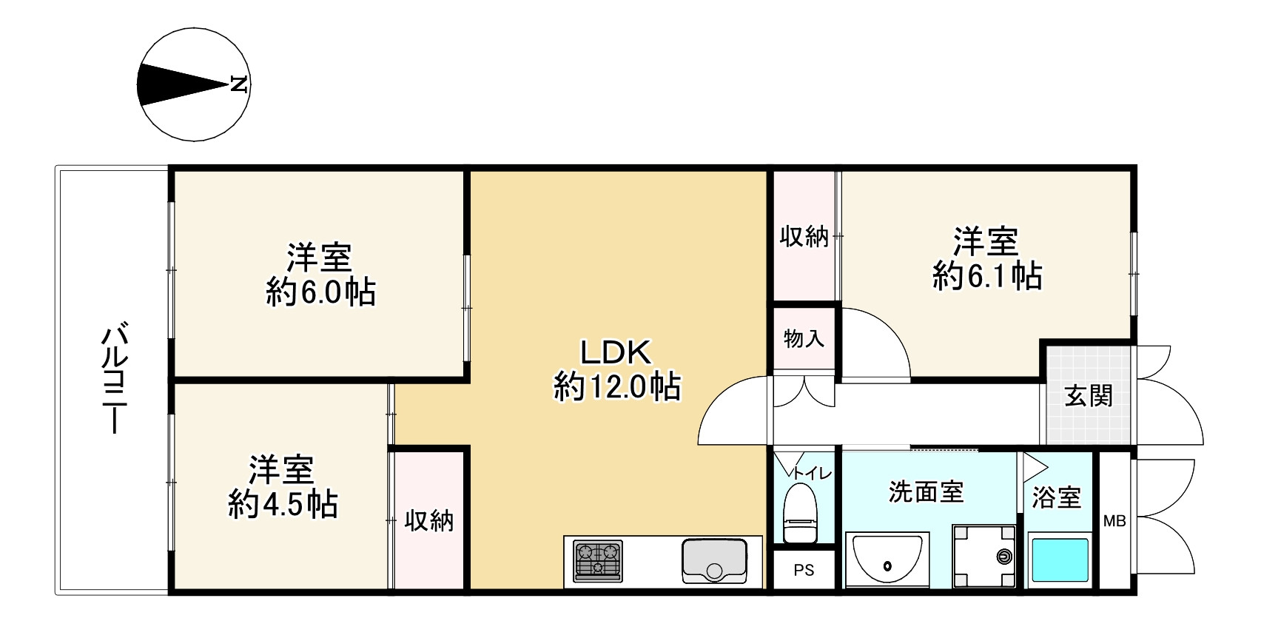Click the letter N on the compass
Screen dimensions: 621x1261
pyautogui.click(x=238, y=84)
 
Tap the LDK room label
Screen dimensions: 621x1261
pyautogui.click(x=615, y=353)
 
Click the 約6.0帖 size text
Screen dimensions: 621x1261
pyautogui.click(x=320, y=293)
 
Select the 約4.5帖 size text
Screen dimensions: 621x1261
pyautogui.click(x=283, y=505)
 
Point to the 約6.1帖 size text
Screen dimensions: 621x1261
pyautogui.click(x=987, y=276)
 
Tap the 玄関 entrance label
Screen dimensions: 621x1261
pyautogui.click(x=1088, y=396)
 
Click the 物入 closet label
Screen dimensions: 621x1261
pyautogui.click(x=804, y=339)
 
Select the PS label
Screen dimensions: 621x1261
pyautogui.click(x=804, y=570)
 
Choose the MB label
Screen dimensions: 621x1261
pyautogui.click(x=1114, y=521)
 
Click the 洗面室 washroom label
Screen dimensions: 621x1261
pyautogui.click(x=926, y=492)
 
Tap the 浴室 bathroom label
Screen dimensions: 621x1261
pyautogui.click(x=1057, y=497)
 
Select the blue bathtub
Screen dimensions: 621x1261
pyautogui.click(x=1060, y=560)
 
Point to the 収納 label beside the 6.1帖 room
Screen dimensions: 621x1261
pyautogui.click(x=804, y=238)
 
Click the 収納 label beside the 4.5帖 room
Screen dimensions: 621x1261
pyautogui.click(x=428, y=521)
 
